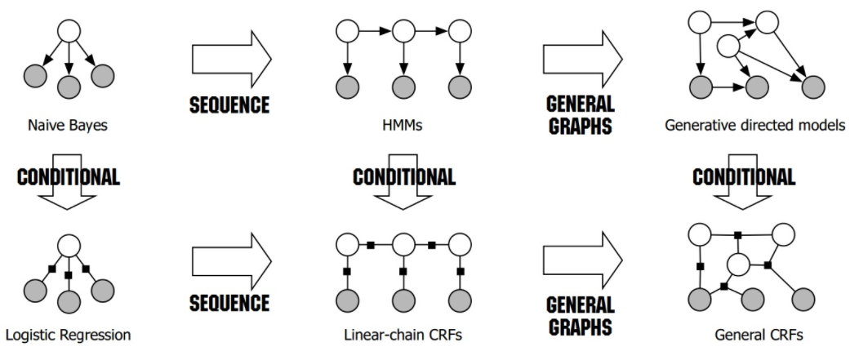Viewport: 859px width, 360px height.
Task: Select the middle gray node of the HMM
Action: pyautogui.click(x=404, y=86)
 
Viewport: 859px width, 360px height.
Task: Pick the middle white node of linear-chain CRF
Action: pyautogui.click(x=404, y=243)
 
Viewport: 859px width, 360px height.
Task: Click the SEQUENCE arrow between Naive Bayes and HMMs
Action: pyautogui.click(x=230, y=58)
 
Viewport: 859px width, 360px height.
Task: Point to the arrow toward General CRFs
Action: pyautogui.click(x=583, y=260)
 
